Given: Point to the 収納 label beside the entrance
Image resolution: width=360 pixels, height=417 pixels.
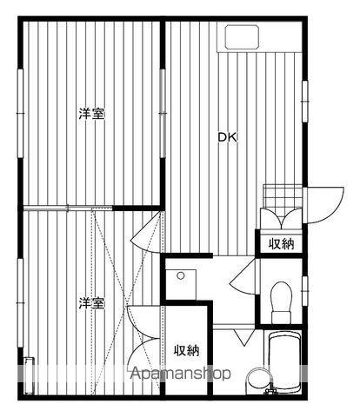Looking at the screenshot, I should pyautogui.click(x=280, y=244).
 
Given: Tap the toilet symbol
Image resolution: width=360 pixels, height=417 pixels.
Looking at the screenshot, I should pyautogui.click(x=281, y=300).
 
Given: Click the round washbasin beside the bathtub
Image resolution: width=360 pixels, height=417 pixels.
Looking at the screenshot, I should pyautogui.click(x=260, y=381).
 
